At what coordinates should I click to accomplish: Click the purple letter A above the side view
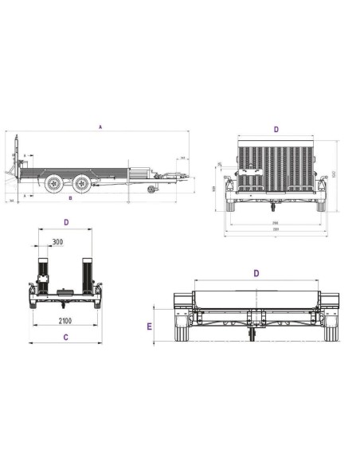coord(100,127)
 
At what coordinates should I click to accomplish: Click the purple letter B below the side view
coord(70,197)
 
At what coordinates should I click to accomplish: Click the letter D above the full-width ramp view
coord(276,128)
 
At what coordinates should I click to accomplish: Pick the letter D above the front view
coord(256,272)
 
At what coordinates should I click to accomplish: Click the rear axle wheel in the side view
coord(54,184)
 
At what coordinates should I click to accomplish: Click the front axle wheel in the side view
coord(82,184)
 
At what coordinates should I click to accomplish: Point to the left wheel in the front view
coord(182,333)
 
